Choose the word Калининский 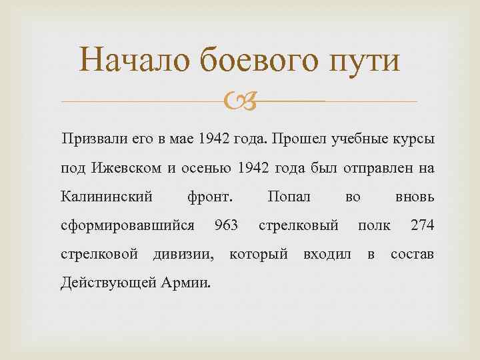click(106, 197)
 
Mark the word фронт click(210, 197)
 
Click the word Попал click(288, 197)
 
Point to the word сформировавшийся click(127, 225)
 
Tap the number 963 click(227, 225)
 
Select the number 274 click(423, 225)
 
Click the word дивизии click(184, 254)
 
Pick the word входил click(327, 254)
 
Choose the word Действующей click(109, 283)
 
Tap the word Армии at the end click(186, 283)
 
